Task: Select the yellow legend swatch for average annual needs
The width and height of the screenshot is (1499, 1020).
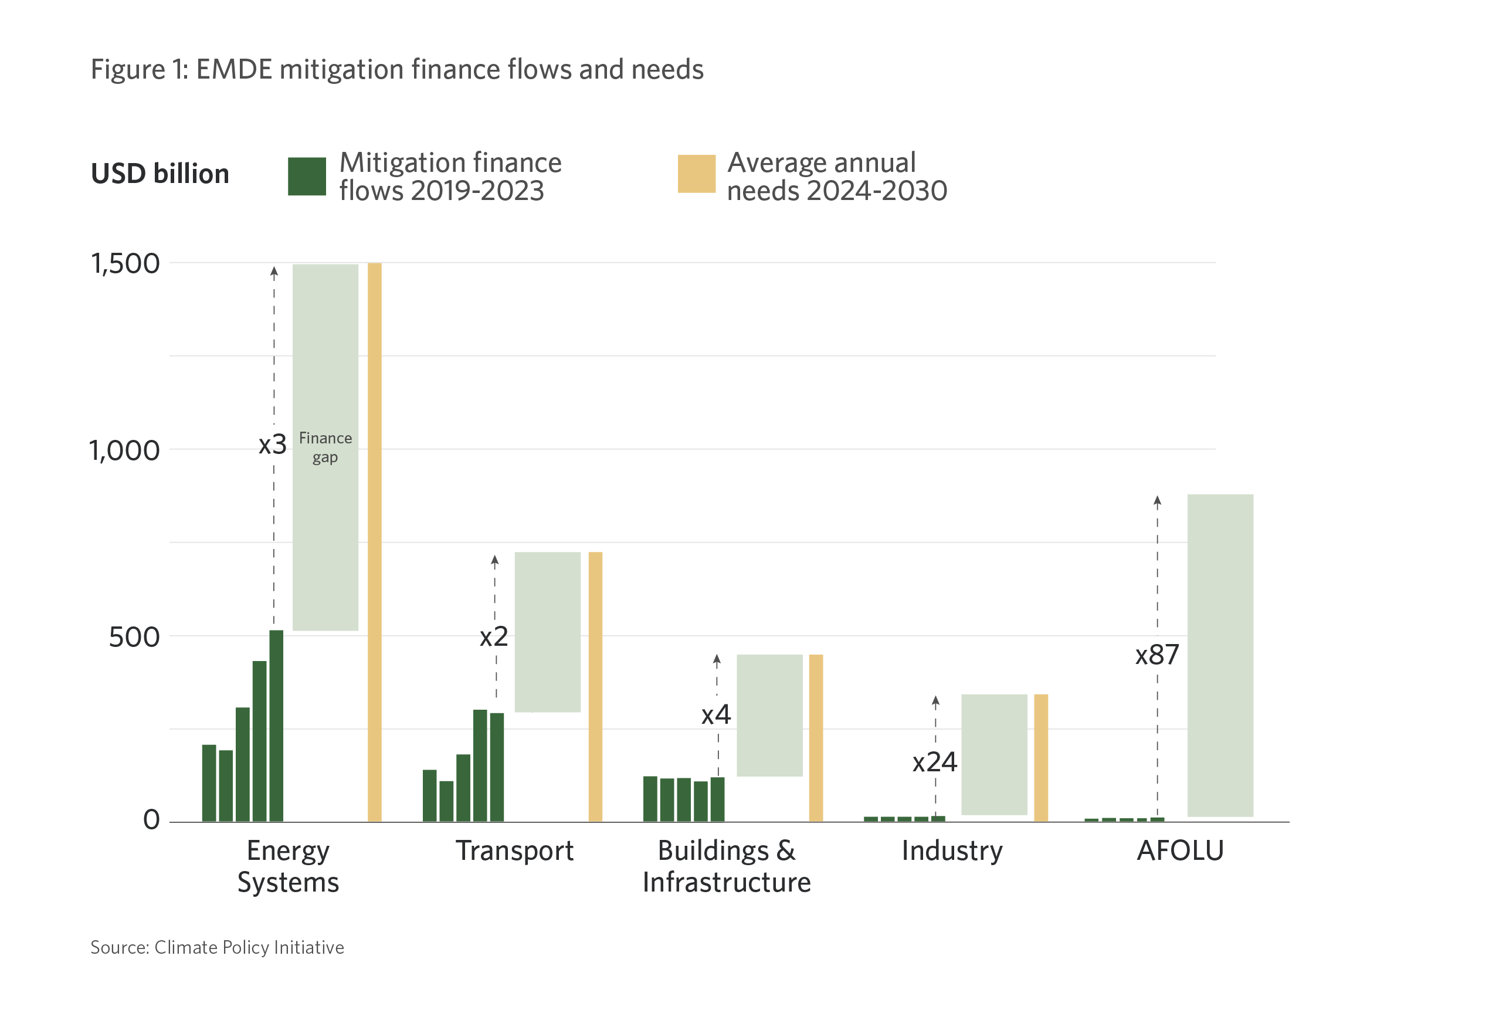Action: (696, 174)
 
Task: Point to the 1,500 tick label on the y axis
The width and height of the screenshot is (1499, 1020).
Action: (125, 263)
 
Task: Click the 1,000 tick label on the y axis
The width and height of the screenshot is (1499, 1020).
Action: (124, 450)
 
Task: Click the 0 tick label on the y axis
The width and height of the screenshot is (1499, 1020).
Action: (151, 819)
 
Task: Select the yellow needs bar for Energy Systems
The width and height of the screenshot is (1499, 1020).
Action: (374, 542)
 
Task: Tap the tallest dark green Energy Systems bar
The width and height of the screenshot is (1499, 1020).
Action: (276, 725)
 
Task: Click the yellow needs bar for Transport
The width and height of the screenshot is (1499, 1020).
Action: (595, 686)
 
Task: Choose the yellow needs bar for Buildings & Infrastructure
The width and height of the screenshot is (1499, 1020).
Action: (815, 737)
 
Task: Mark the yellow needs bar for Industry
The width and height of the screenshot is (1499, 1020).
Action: (1040, 757)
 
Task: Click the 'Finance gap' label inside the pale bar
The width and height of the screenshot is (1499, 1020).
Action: (325, 447)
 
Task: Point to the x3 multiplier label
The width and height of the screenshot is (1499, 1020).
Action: (272, 445)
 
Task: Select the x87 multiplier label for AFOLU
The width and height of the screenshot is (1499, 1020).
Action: (1157, 655)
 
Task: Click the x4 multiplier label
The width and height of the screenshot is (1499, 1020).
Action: (715, 714)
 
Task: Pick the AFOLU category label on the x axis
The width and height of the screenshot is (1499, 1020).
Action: (1180, 850)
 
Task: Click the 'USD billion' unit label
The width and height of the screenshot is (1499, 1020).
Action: (160, 174)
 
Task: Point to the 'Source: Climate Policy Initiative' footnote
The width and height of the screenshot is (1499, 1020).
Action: (217, 947)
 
